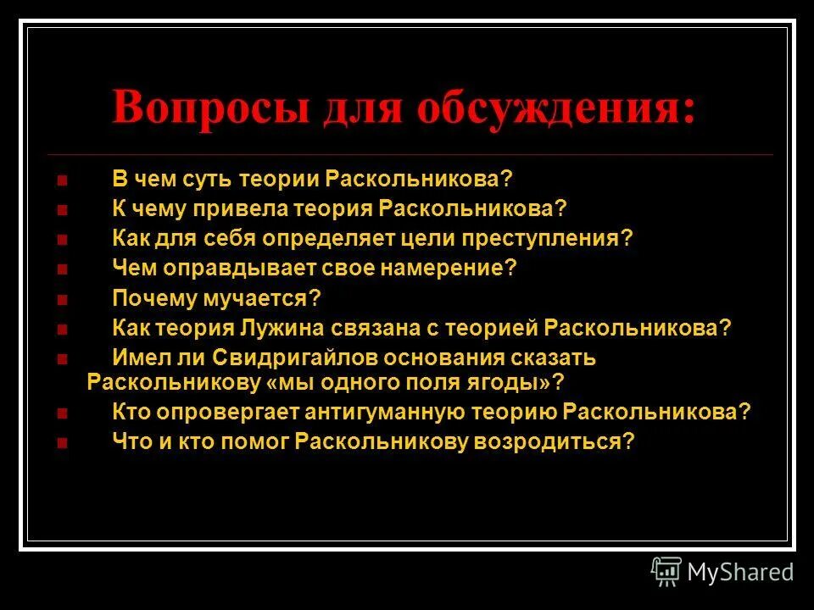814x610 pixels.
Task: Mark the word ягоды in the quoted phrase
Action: coord(520,381)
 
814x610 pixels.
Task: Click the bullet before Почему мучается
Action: coord(61,299)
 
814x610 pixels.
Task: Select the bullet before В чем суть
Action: coord(61,180)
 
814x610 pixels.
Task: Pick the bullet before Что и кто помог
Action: coord(61,442)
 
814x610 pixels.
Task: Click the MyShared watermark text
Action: coord(740,572)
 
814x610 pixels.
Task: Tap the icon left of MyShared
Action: coord(666,572)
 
